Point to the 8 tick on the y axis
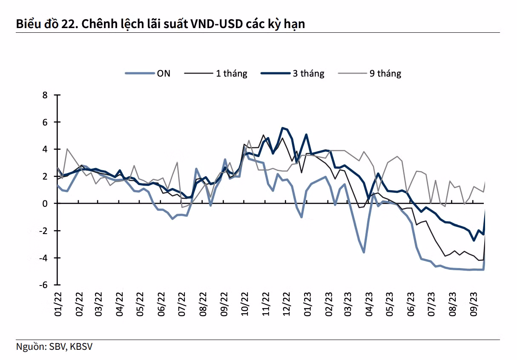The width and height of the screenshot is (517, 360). click(45, 95)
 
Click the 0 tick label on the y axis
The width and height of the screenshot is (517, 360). click(45, 204)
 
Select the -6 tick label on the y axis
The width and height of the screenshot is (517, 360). click(43, 285)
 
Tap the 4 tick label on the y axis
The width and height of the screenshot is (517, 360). click(45, 149)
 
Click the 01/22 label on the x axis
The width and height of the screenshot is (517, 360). click(58, 304)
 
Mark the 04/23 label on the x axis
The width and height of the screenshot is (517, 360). click(369, 304)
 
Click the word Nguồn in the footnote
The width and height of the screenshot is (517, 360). click(30, 347)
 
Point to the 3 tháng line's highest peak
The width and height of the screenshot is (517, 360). click(282, 128)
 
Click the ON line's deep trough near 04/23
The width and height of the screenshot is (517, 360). click(364, 252)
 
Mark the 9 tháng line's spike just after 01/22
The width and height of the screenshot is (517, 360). click(67, 149)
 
